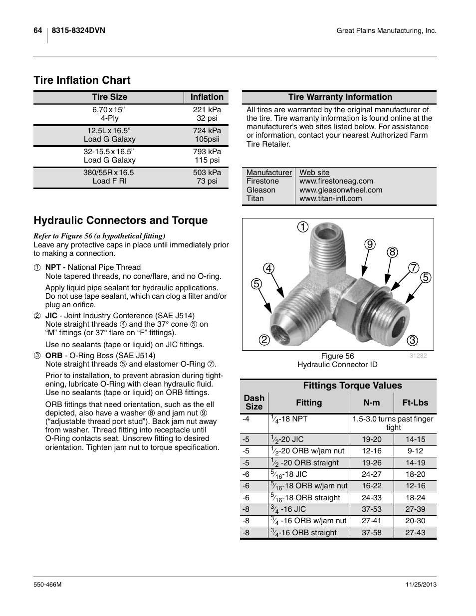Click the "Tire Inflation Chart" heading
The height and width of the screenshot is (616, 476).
pos(82,80)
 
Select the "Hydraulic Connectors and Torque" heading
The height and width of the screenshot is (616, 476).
pos(120,220)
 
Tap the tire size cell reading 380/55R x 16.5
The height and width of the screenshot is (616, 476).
pos(109,173)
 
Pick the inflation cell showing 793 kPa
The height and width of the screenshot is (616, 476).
pos(207,152)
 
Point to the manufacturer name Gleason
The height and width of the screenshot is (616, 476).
pos(261,190)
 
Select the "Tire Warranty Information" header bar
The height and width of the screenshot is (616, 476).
pos(340,97)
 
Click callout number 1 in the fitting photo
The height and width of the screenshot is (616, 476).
pos(302,227)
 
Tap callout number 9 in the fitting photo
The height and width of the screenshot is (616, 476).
pos(369,244)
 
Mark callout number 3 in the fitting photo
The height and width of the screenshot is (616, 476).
pos(412,341)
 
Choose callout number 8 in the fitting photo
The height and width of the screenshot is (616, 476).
pos(392,252)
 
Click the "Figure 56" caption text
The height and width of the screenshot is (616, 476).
pos(337,356)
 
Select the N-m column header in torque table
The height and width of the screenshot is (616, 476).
pos(371,403)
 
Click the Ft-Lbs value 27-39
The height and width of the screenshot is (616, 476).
pos(415,509)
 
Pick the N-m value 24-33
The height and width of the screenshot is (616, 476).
pos(371,498)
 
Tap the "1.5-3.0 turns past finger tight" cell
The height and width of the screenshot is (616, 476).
pos(393,423)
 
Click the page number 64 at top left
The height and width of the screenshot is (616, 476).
pos(38,30)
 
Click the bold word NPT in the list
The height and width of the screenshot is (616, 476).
pos(53,267)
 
